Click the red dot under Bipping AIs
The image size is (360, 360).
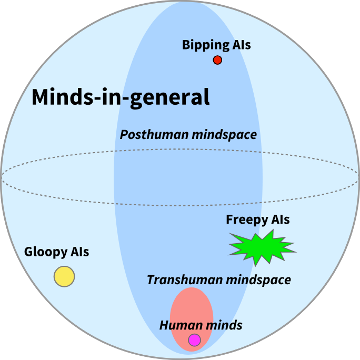pos(217,60)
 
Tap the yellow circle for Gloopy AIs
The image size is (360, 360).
pos(64,276)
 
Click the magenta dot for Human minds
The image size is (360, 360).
pos(194,340)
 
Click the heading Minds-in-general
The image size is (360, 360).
pos(121,97)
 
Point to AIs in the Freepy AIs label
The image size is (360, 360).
pos(280,220)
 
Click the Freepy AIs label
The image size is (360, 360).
pos(258,220)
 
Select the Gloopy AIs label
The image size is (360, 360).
pos(57,253)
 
